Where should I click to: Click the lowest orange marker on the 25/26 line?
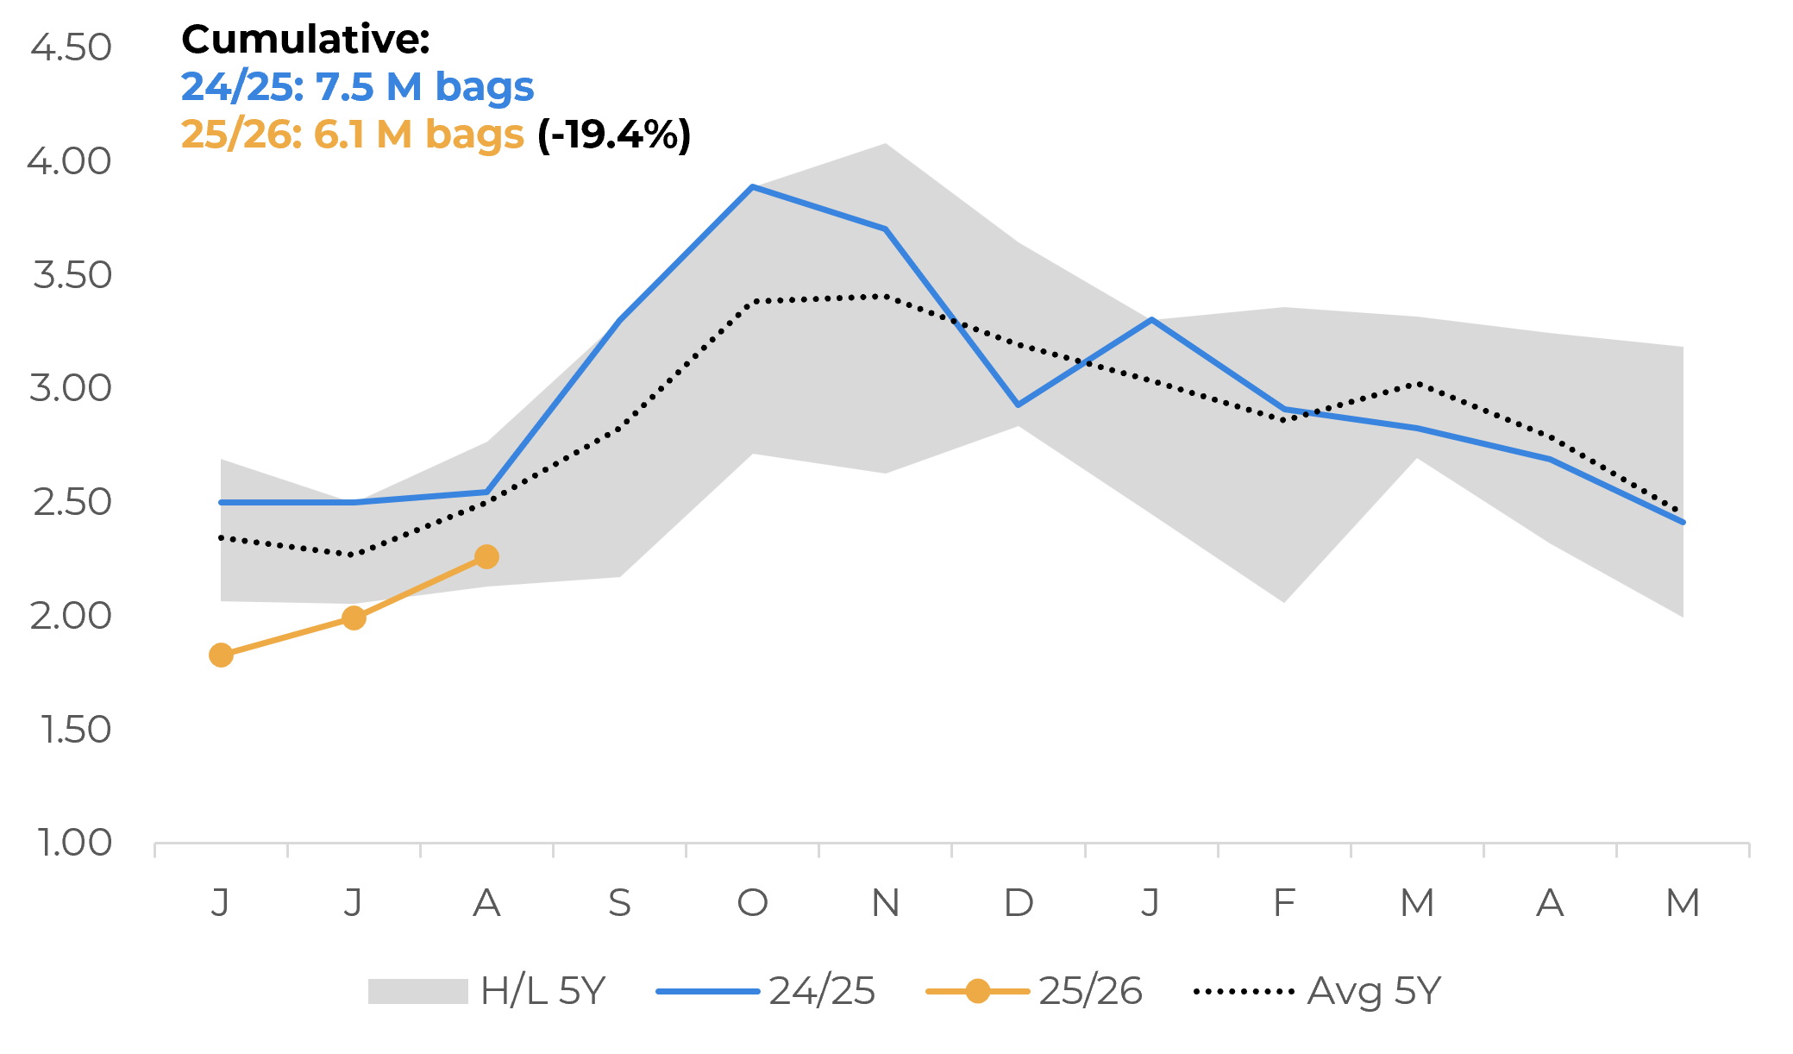tap(221, 655)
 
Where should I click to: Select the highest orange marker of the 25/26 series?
tap(486, 556)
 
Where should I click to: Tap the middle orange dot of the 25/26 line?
tap(354, 618)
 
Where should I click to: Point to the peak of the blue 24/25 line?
tap(753, 186)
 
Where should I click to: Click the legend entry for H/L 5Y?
tap(487, 991)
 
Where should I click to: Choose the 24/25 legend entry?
tap(766, 991)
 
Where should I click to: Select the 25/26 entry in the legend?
tap(1034, 991)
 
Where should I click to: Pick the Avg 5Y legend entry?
tap(1317, 991)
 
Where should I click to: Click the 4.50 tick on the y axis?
tap(71, 47)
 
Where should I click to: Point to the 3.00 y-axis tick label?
tap(71, 388)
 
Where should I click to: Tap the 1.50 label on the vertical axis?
tap(76, 730)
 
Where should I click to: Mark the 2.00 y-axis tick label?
tap(71, 616)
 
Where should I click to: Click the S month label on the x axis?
tap(619, 903)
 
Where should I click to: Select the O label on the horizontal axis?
tap(752, 903)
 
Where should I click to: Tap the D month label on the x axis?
tap(1019, 903)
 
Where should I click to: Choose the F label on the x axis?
tap(1284, 903)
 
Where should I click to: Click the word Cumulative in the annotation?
tap(305, 39)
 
